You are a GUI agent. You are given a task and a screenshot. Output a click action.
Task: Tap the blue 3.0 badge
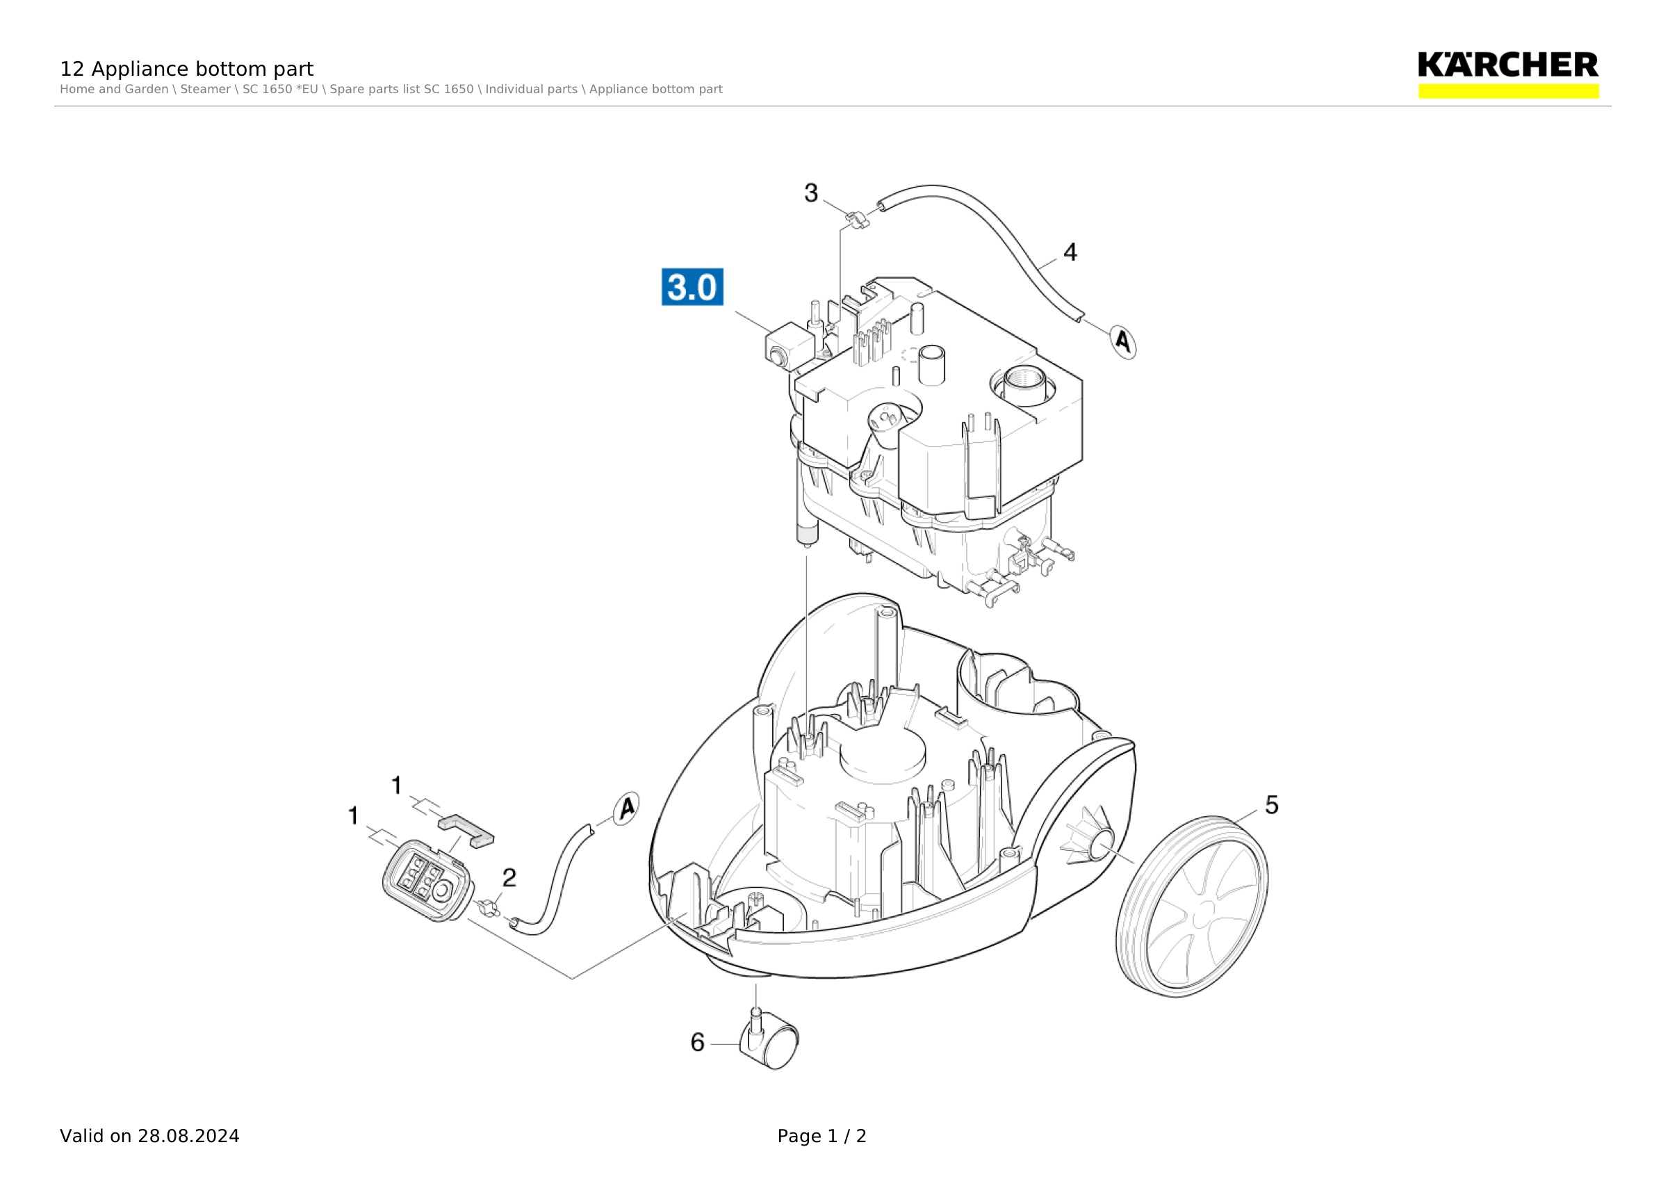click(x=692, y=287)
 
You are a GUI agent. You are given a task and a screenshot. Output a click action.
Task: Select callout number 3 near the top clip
click(x=811, y=193)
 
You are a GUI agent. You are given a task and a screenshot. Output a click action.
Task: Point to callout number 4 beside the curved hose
click(x=1070, y=252)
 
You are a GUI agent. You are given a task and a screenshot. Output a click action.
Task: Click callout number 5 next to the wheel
click(x=1271, y=805)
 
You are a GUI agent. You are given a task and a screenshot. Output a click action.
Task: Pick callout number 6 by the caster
click(x=697, y=1043)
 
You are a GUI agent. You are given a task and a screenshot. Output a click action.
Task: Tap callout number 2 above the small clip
click(x=509, y=877)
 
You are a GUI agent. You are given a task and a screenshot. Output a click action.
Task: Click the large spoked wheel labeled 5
click(x=1191, y=906)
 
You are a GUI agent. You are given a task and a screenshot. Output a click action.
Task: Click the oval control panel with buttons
click(x=428, y=881)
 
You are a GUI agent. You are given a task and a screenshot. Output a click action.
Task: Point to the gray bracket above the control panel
click(x=466, y=829)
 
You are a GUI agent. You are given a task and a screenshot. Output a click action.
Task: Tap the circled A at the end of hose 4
click(x=1123, y=341)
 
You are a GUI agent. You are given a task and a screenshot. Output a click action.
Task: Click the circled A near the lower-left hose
click(x=625, y=808)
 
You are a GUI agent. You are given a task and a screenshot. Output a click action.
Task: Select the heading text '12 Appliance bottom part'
click(x=187, y=69)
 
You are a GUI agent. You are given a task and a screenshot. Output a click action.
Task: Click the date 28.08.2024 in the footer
click(x=189, y=1136)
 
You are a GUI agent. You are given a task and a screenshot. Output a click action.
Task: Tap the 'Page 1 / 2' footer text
click(x=821, y=1136)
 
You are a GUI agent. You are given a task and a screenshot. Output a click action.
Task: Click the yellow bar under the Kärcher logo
click(x=1508, y=91)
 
